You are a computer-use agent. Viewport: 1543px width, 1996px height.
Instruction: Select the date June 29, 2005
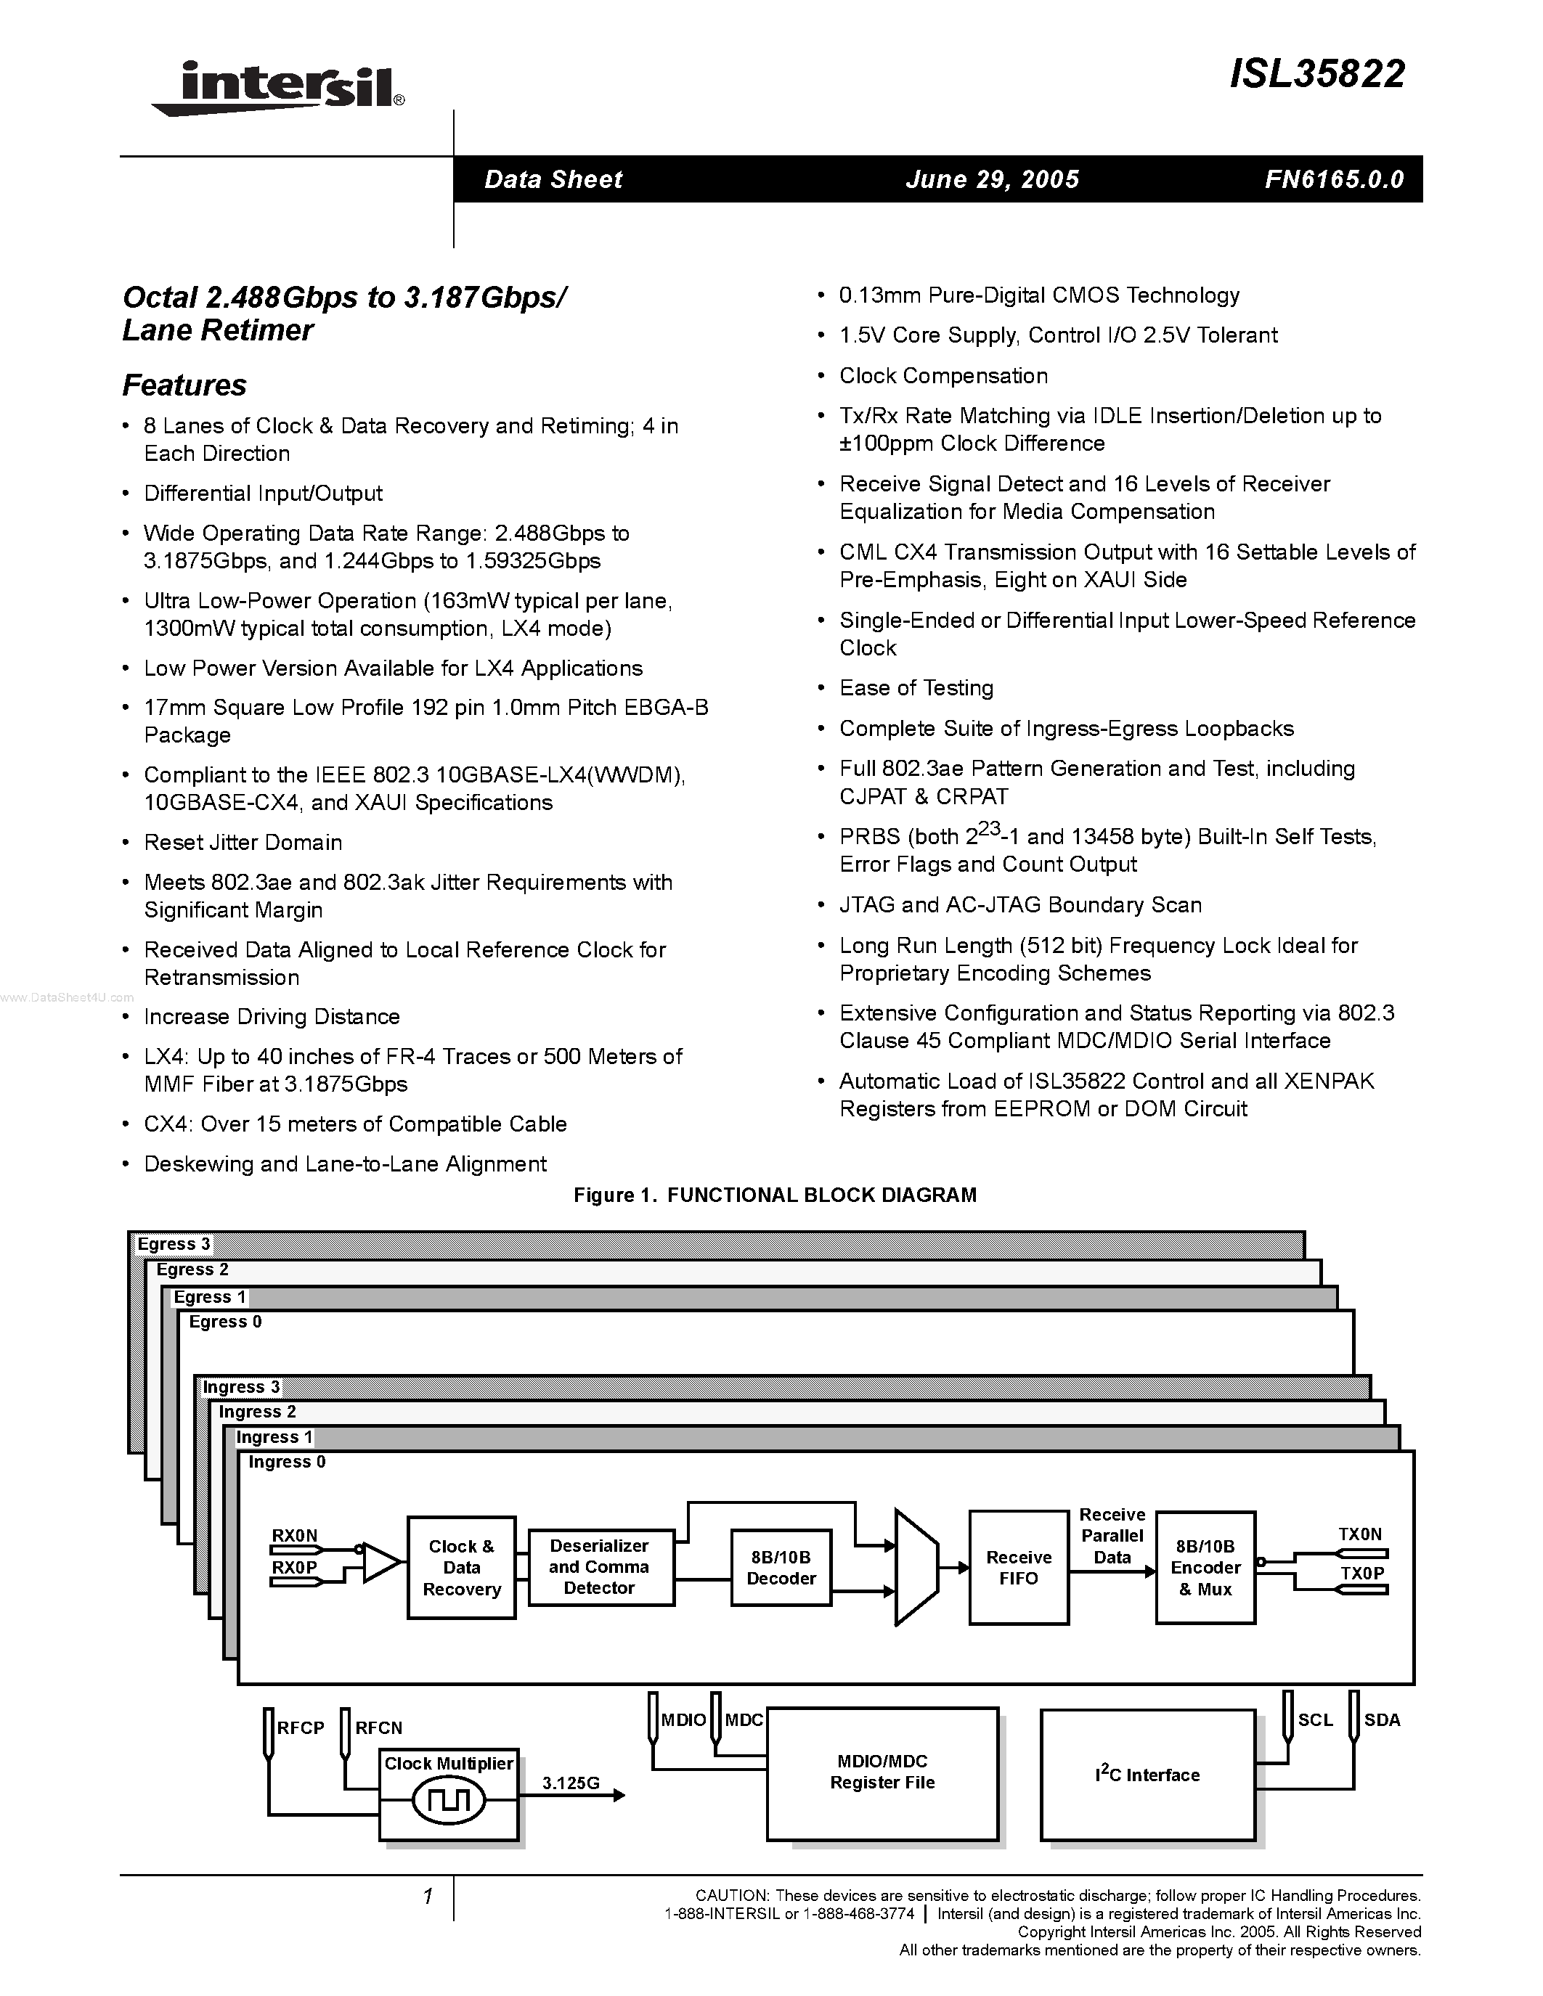click(x=992, y=179)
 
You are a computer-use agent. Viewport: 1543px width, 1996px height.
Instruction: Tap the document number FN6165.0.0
click(x=1334, y=179)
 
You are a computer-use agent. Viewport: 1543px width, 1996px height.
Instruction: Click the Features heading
click(x=184, y=385)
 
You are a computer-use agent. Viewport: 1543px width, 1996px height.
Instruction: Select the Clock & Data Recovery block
click(x=462, y=1567)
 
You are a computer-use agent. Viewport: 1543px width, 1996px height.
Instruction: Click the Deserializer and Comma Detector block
click(x=600, y=1566)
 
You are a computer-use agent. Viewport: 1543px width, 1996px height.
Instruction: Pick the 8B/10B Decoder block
click(x=781, y=1567)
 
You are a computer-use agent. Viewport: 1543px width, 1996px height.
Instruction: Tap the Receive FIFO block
click(x=1018, y=1567)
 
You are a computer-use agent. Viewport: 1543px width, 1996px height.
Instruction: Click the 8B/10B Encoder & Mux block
click(x=1205, y=1567)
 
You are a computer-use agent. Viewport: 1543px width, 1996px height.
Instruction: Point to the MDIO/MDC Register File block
click(x=882, y=1773)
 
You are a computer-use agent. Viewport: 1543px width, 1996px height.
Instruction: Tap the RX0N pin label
click(x=294, y=1535)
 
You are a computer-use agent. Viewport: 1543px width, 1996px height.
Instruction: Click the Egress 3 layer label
click(x=174, y=1244)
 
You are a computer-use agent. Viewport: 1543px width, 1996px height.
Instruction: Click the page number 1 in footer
click(x=427, y=1897)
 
